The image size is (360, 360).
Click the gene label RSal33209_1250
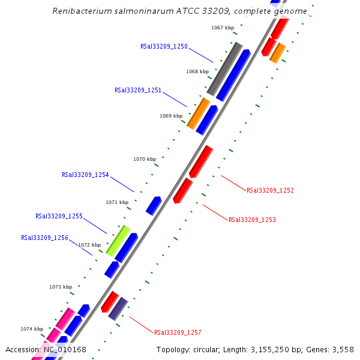coord(164,46)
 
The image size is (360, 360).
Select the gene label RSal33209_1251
coord(138,90)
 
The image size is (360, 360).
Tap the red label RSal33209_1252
coord(270,190)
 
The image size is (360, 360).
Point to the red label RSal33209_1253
coord(252,220)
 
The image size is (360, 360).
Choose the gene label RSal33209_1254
coord(85,175)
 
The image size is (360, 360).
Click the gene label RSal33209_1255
coord(59,216)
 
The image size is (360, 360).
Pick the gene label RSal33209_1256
coord(44,238)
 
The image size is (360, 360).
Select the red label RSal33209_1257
coord(178,332)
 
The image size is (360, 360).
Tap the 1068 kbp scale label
coord(197,71)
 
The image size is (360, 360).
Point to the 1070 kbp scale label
coord(144,159)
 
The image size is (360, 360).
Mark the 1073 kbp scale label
coord(61,287)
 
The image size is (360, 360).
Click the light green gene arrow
coord(118,241)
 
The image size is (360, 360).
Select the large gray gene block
coord(224,69)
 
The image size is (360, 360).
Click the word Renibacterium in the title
coord(77,11)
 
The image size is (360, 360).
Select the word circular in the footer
coord(213,350)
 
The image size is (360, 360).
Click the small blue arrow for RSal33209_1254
coord(154,205)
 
